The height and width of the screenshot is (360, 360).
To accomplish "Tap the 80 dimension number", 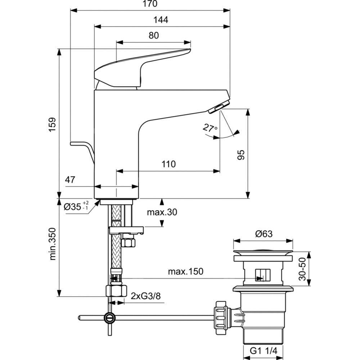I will point(154,35).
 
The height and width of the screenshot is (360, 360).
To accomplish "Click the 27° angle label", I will point(210,128).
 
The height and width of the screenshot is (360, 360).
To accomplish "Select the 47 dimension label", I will point(71,180).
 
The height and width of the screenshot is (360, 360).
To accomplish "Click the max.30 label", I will point(162,212).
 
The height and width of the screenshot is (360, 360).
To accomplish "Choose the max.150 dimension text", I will point(185,272).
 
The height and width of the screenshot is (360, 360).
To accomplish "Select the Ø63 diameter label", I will point(264,234).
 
